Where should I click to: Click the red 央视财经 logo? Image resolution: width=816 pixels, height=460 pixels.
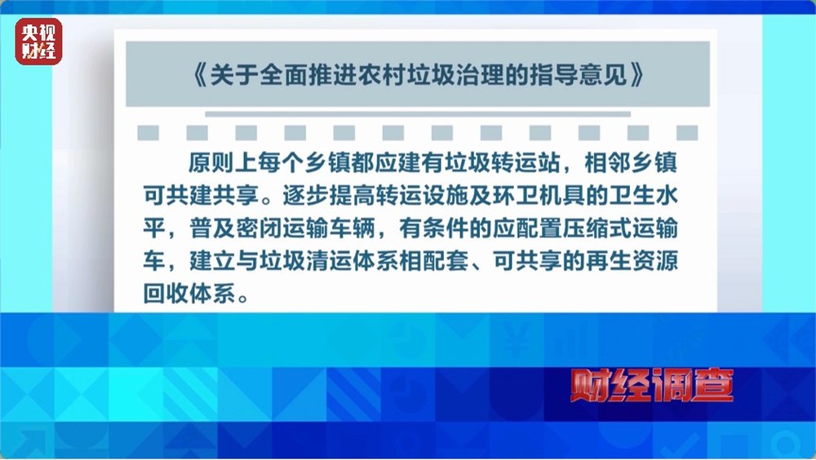[x=38, y=42]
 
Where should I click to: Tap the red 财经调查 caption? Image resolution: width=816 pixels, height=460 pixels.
[x=651, y=385]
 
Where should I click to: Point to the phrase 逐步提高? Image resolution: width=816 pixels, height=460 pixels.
[x=328, y=197]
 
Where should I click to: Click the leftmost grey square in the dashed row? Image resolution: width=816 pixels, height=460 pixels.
[x=148, y=133]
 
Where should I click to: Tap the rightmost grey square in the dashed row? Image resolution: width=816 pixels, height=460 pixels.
[x=687, y=133]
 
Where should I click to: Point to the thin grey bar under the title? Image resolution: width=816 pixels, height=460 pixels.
[x=417, y=113]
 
